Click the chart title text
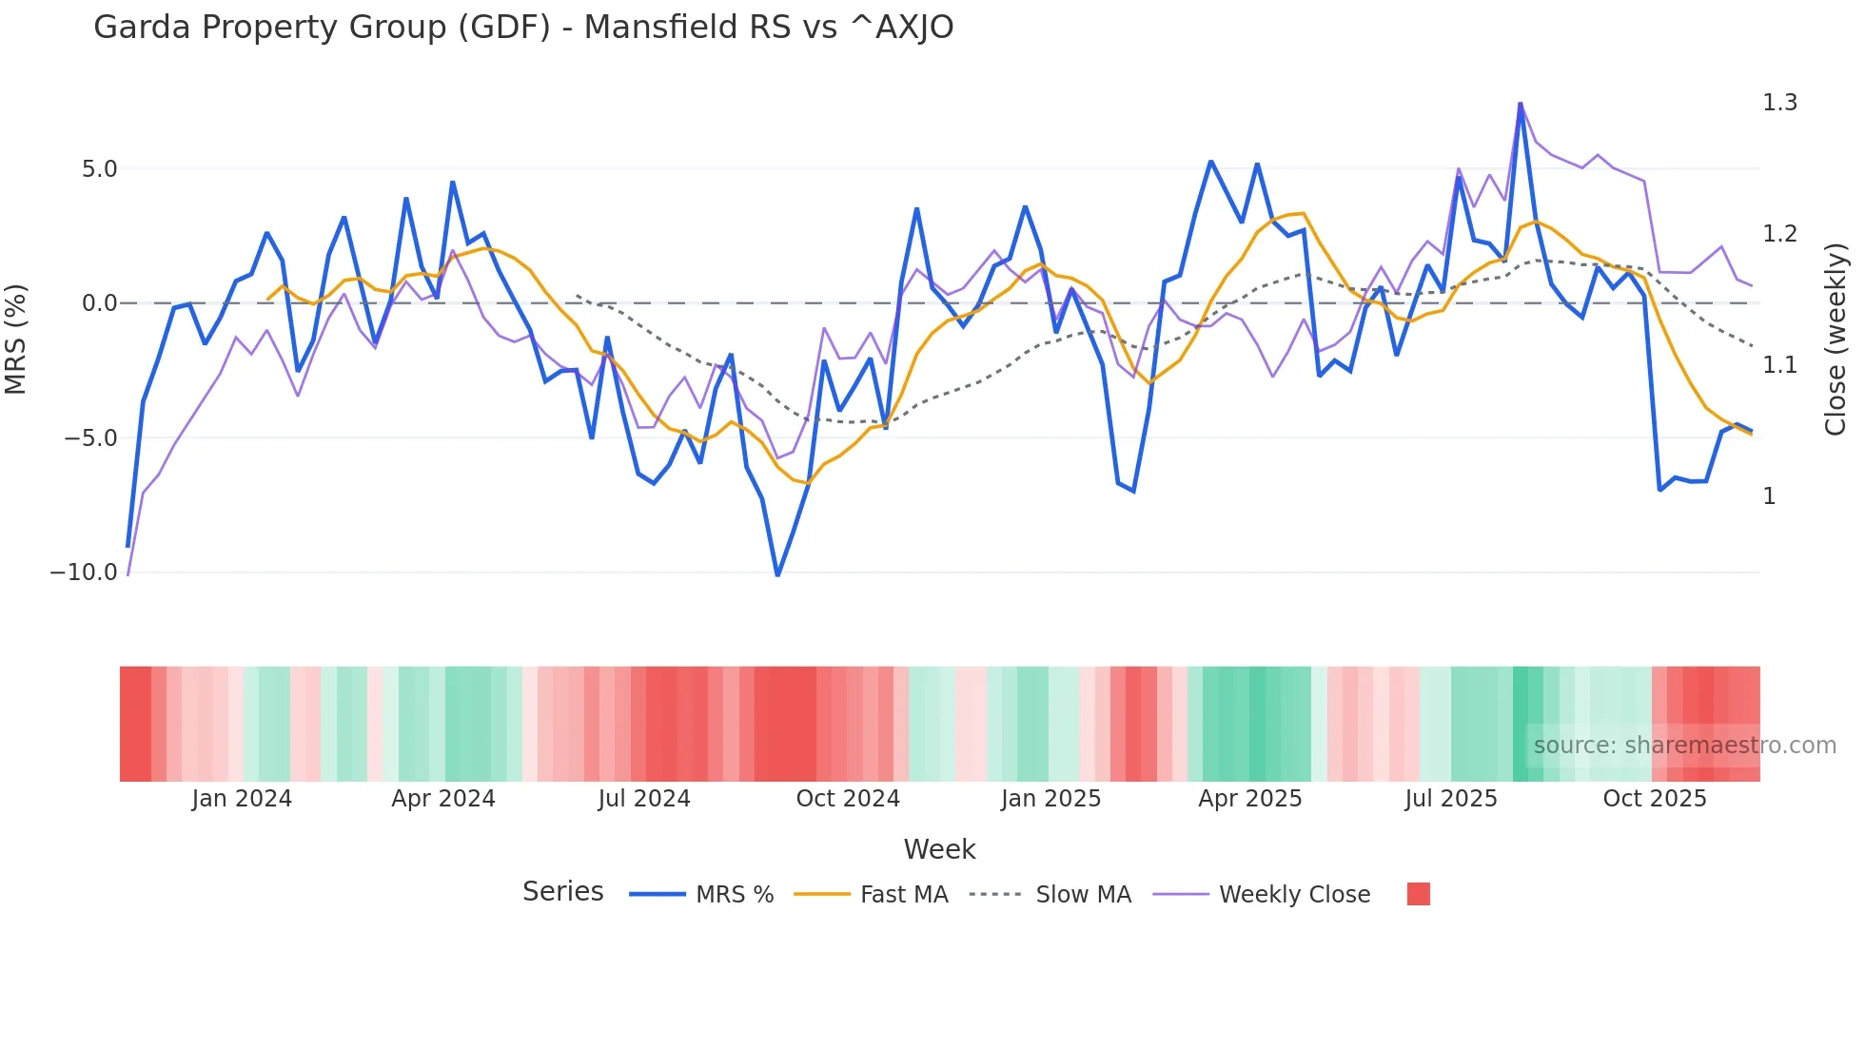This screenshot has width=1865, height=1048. click(523, 28)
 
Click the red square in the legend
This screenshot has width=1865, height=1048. click(1418, 894)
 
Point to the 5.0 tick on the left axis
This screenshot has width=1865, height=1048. click(99, 169)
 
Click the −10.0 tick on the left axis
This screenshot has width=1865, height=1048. click(84, 573)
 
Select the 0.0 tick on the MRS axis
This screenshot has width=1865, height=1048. click(99, 303)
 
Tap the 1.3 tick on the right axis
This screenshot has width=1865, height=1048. click(1779, 103)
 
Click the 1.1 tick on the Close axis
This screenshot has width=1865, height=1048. click(1779, 365)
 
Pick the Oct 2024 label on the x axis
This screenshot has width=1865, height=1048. click(848, 799)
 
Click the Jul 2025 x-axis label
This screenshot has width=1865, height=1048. click(1451, 799)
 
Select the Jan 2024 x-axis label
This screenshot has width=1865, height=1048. click(242, 799)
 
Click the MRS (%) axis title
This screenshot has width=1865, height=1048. click(16, 339)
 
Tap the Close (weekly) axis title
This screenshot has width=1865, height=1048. click(1836, 339)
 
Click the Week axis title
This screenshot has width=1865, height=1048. click(939, 849)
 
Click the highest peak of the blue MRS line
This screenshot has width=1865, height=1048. click(1521, 104)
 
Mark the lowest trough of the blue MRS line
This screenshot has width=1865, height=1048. click(777, 575)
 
